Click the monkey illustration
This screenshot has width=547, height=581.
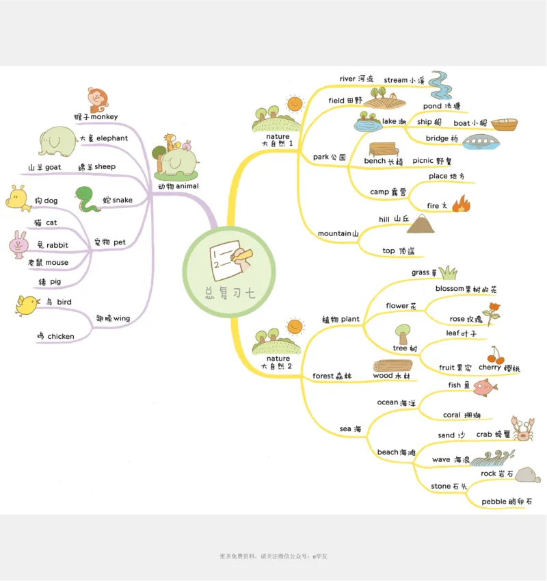coord(98,99)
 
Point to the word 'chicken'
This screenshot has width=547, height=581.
coord(61,336)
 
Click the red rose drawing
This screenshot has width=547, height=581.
coord(491,312)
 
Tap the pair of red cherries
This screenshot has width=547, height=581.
coord(496,355)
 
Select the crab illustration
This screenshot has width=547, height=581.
coord(523,428)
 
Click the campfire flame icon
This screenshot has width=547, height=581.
coord(461,203)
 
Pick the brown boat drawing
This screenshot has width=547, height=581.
coord(504,125)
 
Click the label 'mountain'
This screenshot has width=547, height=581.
coord(334,234)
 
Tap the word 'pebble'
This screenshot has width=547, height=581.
coord(494,502)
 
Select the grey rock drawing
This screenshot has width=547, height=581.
coord(528,475)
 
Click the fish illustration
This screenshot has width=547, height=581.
coord(485,388)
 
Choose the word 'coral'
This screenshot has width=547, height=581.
coord(451,415)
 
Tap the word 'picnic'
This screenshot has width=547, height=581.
coord(423,161)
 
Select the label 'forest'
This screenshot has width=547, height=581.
coord(323,376)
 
